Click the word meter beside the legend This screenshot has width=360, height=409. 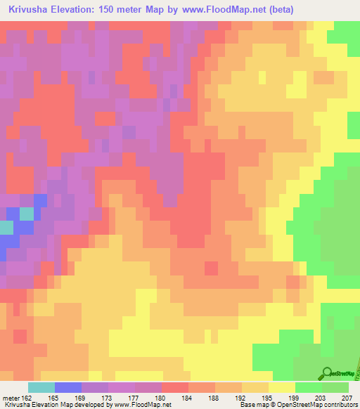[x=13, y=397]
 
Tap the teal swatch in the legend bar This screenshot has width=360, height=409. [x=41, y=387]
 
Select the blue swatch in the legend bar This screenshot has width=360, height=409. [x=68, y=387]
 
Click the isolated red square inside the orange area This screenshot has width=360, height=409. [x=211, y=268]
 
